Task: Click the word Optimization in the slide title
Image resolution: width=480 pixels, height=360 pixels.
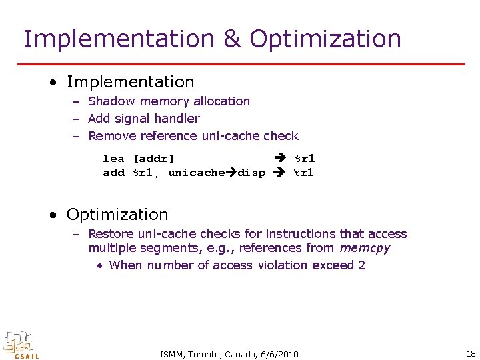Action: [325, 39]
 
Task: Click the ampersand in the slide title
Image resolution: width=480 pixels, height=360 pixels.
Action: [232, 39]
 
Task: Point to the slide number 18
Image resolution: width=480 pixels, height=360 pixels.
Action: [471, 353]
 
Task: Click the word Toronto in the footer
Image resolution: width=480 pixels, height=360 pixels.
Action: [204, 354]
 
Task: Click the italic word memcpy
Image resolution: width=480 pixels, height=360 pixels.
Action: [365, 249]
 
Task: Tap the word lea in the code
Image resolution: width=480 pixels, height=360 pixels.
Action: [113, 159]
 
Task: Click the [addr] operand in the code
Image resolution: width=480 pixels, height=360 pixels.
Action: [154, 159]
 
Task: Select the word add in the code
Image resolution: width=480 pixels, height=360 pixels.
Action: [113, 173]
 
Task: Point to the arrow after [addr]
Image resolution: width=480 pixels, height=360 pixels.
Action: [281, 159]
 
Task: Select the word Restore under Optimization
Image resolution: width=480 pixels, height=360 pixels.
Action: [111, 234]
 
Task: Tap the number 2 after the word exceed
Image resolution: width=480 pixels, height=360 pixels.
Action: [362, 265]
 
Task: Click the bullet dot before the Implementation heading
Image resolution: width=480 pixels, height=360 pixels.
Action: [52, 83]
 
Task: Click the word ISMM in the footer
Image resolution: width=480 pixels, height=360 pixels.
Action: [173, 354]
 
